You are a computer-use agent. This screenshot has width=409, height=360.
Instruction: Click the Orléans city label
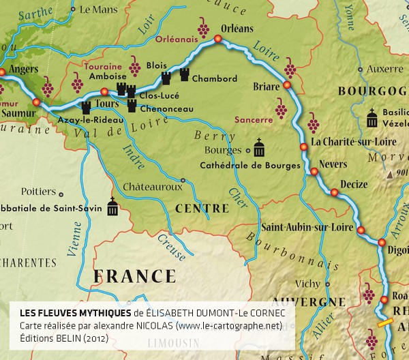[237, 29]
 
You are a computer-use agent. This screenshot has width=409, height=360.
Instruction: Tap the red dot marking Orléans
[218, 40]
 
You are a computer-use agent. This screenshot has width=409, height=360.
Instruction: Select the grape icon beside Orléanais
[203, 28]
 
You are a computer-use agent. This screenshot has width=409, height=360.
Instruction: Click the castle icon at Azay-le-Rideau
[86, 107]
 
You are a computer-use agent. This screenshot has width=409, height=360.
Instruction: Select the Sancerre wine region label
[253, 120]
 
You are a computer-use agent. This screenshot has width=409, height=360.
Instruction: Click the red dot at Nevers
[314, 172]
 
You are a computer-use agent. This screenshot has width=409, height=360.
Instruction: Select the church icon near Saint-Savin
[112, 208]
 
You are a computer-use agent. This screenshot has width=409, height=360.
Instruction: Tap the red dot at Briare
[287, 86]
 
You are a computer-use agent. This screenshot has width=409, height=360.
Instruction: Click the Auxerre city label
[384, 69]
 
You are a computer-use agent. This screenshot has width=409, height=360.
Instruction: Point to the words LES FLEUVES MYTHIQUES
[75, 312]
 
